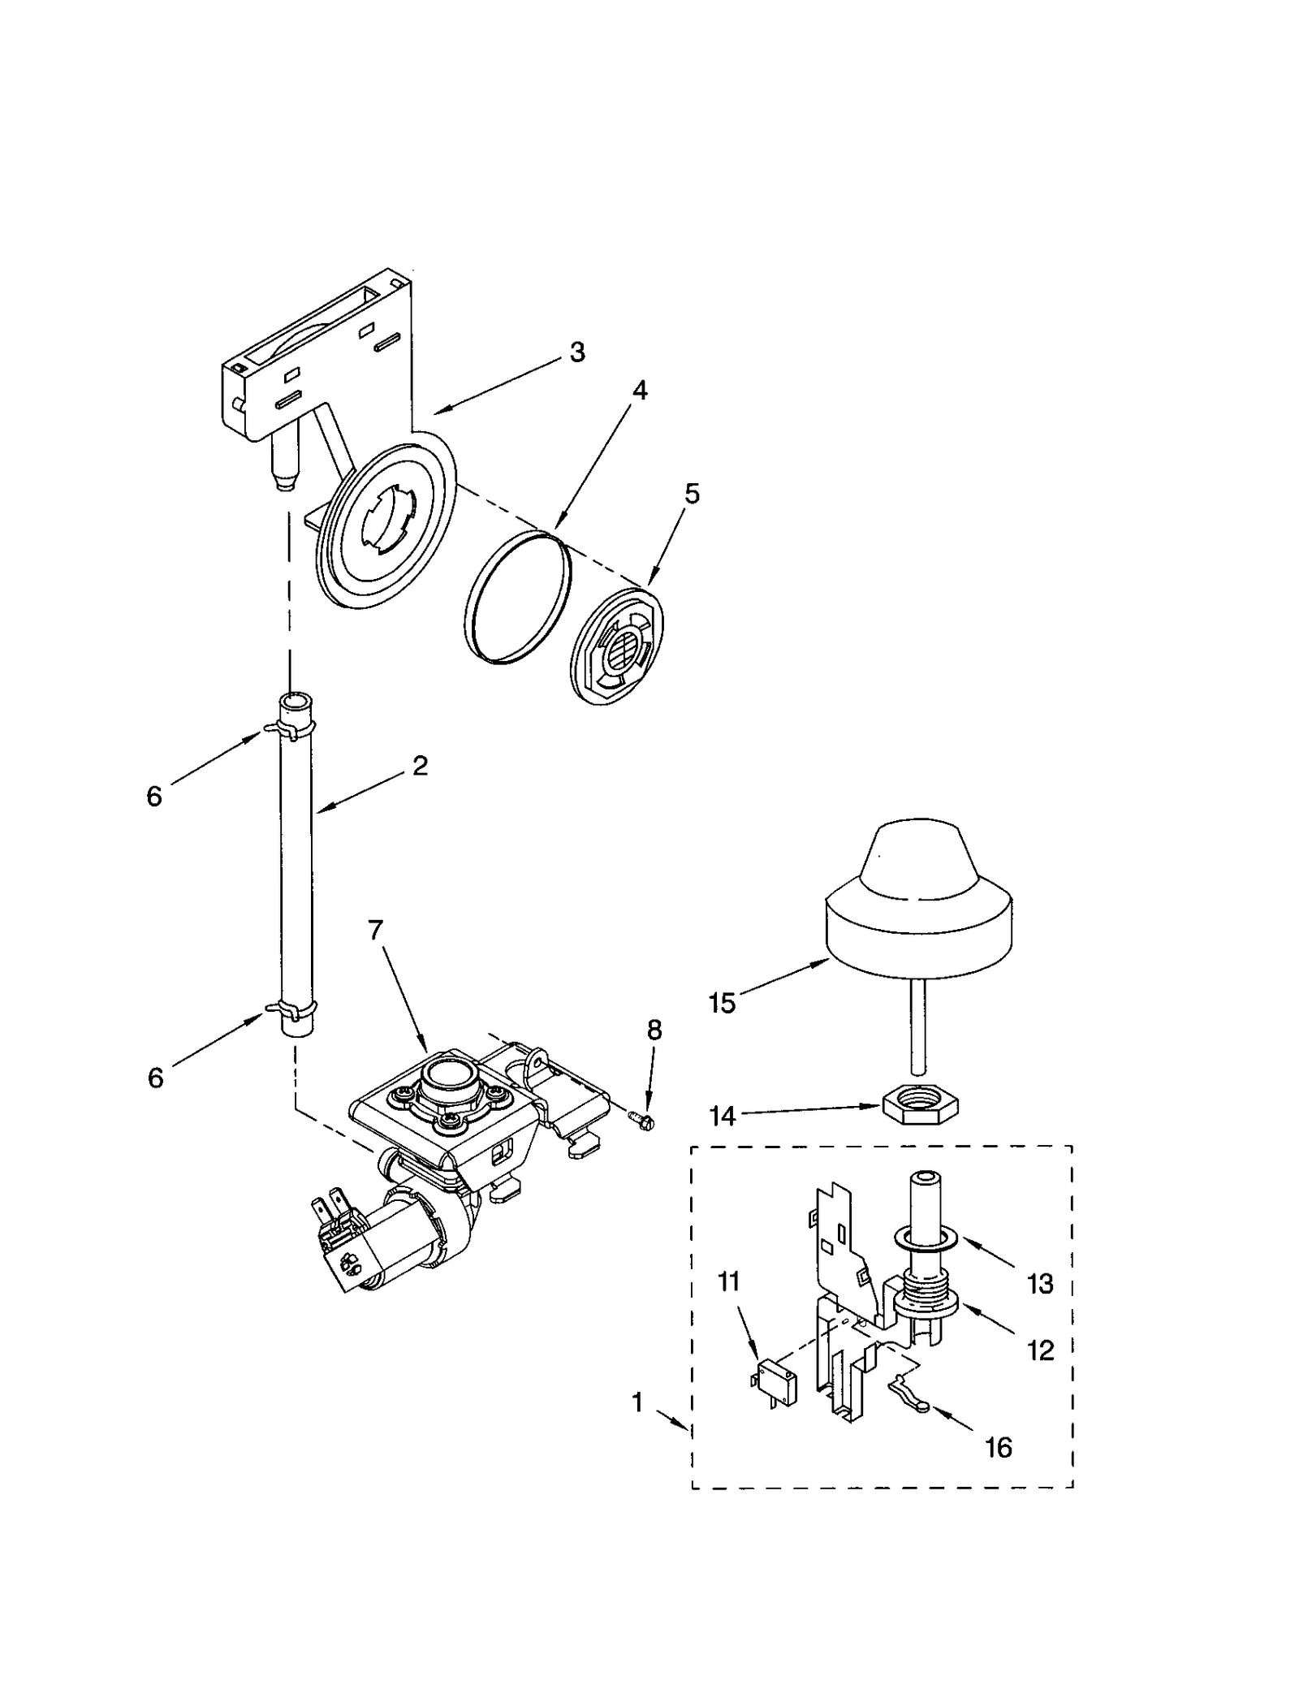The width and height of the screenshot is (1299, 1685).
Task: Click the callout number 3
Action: (576, 352)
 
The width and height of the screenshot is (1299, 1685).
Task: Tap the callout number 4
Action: (640, 391)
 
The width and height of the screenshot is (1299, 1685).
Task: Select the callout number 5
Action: (691, 494)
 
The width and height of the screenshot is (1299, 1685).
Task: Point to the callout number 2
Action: (420, 765)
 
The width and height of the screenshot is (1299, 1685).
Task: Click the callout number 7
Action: (375, 930)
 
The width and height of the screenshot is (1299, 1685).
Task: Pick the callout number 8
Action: (654, 1030)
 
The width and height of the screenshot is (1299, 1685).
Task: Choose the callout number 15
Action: (722, 1003)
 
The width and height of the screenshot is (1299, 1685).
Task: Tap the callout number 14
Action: (722, 1116)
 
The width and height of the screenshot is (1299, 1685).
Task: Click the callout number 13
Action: (1040, 1284)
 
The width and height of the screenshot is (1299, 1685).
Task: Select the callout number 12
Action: (1040, 1350)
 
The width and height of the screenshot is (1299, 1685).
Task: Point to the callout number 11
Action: (728, 1282)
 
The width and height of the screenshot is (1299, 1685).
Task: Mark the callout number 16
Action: (999, 1447)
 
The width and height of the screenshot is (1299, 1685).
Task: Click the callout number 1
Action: (637, 1402)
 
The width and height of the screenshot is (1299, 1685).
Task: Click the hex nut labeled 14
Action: (920, 1104)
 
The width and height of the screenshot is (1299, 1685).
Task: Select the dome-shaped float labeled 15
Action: (918, 901)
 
